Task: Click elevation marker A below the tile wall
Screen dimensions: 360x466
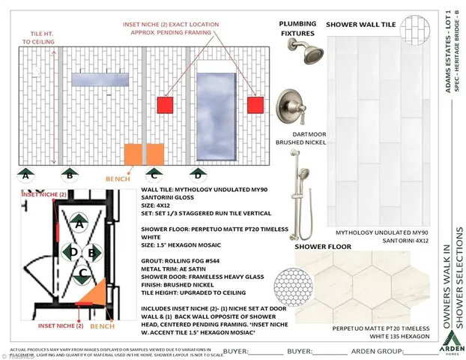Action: pyautogui.click(x=26, y=175)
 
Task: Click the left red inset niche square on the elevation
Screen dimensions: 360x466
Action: pyautogui.click(x=165, y=104)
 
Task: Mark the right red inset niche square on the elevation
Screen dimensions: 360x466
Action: pyautogui.click(x=256, y=104)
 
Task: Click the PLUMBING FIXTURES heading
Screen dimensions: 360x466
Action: pyautogui.click(x=297, y=28)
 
